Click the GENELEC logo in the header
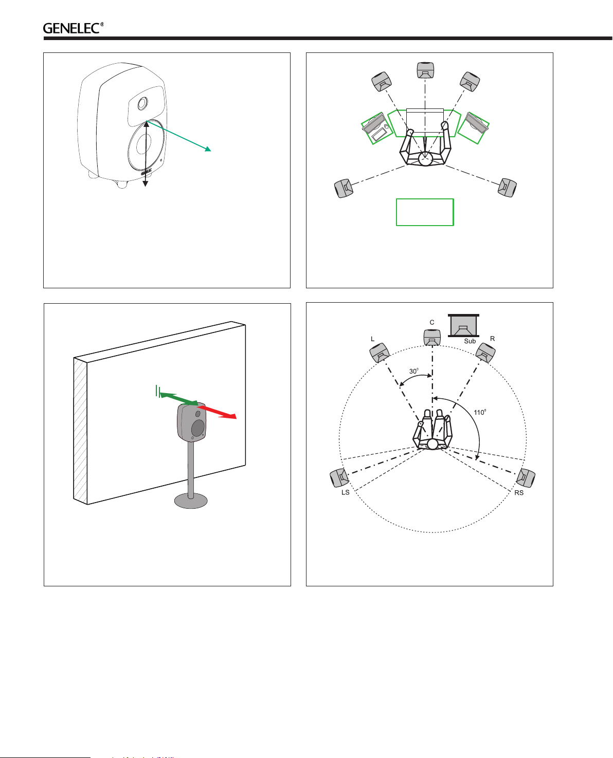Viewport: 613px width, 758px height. [73, 28]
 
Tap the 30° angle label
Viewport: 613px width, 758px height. [413, 371]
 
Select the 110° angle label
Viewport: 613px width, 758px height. [479, 412]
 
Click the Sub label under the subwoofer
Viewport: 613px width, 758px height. [470, 341]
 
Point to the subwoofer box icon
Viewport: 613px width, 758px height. [463, 325]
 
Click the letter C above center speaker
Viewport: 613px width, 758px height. [432, 322]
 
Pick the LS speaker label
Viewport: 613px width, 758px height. [345, 492]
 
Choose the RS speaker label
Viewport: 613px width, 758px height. [519, 492]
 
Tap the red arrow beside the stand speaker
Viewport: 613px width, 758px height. [217, 411]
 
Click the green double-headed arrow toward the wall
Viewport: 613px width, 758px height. [178, 398]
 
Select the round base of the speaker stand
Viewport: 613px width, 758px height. [191, 501]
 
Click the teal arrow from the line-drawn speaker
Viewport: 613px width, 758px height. [178, 136]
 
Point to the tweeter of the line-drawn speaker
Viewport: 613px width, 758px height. [143, 103]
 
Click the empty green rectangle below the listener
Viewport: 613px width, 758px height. [425, 212]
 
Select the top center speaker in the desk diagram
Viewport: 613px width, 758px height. [425, 70]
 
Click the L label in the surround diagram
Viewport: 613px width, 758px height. [372, 339]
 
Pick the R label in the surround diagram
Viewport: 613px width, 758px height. [492, 339]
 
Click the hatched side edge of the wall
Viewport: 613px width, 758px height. [80, 431]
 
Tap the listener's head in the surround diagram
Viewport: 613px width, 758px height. [432, 444]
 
